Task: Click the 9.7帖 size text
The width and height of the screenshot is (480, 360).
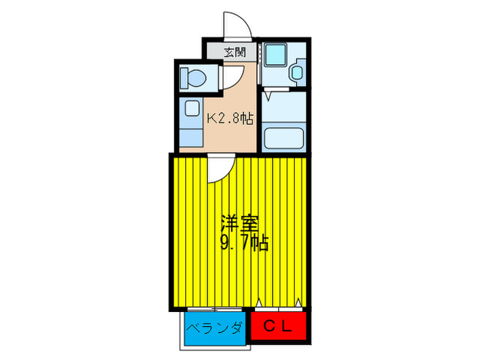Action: point(243,242)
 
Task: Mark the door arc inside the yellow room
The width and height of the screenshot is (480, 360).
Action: point(219,169)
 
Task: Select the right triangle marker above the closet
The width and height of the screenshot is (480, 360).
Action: point(300,302)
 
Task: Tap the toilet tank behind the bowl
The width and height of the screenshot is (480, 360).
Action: point(184,77)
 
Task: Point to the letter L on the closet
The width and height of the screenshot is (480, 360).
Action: point(288,328)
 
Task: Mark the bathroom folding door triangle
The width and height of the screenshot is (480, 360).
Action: point(270,89)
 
